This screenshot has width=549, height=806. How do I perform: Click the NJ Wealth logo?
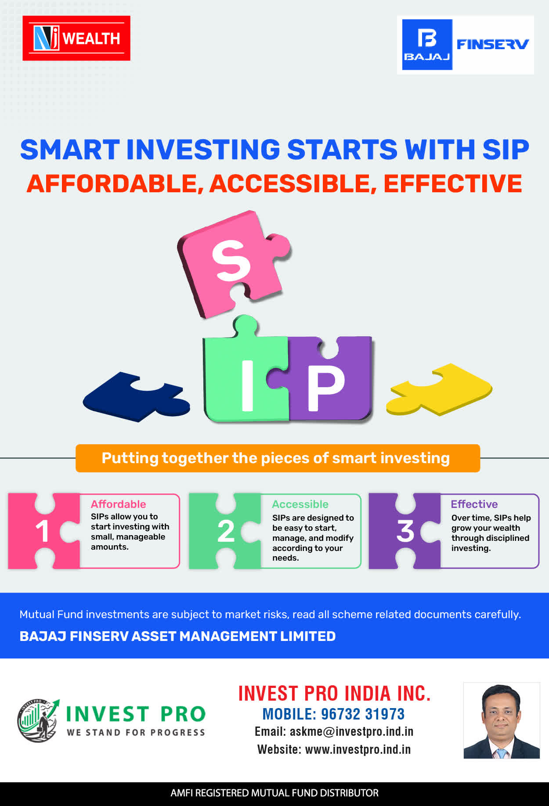pyautogui.click(x=76, y=38)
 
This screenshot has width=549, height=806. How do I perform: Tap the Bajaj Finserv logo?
pyautogui.click(x=466, y=45)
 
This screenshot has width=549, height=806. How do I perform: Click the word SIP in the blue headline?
pyautogui.click(x=506, y=150)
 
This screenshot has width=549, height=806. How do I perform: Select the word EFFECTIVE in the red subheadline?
pyautogui.click(x=453, y=184)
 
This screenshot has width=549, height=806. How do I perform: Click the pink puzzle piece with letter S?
pyautogui.click(x=233, y=263)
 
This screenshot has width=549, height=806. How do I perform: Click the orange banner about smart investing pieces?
pyautogui.click(x=278, y=458)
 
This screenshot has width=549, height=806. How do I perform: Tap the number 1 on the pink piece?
pyautogui.click(x=42, y=531)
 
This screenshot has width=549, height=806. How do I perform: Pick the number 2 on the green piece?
pyautogui.click(x=226, y=531)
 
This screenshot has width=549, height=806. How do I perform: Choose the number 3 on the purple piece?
pyautogui.click(x=405, y=531)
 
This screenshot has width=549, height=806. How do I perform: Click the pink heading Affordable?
pyautogui.click(x=119, y=504)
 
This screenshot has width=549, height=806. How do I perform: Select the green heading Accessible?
pyautogui.click(x=300, y=504)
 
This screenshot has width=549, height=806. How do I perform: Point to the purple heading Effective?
pyautogui.click(x=474, y=504)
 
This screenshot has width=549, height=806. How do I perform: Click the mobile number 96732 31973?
pyautogui.click(x=363, y=714)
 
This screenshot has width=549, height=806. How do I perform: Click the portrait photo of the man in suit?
pyautogui.click(x=502, y=720)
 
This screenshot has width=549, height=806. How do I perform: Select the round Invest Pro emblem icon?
pyautogui.click(x=38, y=721)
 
